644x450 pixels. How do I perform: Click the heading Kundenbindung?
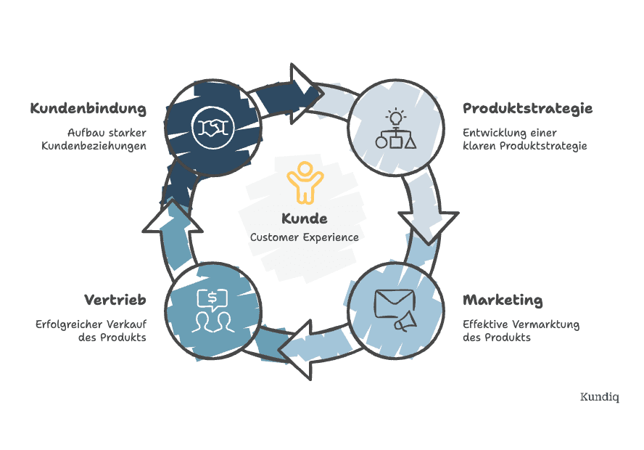point(88,109)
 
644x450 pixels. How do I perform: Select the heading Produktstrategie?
point(527,109)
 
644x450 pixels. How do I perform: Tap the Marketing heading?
point(503,300)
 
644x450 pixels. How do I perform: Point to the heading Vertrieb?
point(115,300)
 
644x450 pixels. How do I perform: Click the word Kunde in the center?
point(304,218)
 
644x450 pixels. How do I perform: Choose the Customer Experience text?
point(304,237)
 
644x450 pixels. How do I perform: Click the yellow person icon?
point(303,182)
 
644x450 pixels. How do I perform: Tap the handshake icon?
point(212,126)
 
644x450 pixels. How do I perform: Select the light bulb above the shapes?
point(395,116)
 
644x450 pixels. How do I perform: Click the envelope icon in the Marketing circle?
point(393,301)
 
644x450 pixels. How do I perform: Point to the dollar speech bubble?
point(212,298)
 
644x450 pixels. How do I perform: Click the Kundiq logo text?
point(599,397)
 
